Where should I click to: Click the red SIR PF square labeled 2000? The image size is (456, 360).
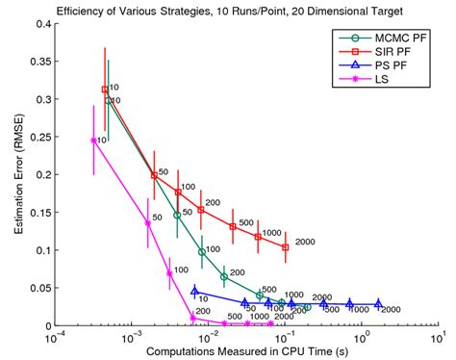[286, 247]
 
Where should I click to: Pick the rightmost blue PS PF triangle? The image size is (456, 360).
[378, 303]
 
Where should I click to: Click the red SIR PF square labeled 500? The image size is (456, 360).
[234, 227]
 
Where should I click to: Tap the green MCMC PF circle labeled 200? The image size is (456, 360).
[224, 277]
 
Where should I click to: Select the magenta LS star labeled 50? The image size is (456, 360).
[147, 223]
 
